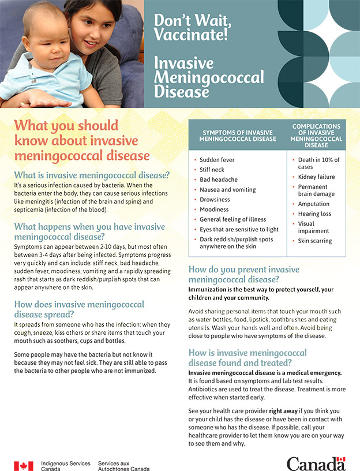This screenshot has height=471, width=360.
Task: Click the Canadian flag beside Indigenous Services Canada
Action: [x=23, y=466]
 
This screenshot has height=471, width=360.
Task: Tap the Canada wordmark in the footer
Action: [x=316, y=463]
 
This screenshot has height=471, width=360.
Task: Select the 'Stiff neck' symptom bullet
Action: [x=212, y=170]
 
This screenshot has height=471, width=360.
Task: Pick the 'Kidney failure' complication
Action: [x=316, y=177]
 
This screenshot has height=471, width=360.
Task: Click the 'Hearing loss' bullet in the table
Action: [x=314, y=214]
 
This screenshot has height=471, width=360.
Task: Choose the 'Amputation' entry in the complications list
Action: [x=314, y=204]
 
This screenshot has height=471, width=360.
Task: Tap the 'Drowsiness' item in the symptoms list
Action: [x=215, y=199]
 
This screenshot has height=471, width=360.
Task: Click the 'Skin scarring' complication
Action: [x=315, y=241]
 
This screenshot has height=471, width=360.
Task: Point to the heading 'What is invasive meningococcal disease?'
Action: [x=92, y=175]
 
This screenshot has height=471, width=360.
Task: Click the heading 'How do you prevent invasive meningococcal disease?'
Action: [x=245, y=274]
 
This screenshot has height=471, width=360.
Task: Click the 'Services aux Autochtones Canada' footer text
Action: [x=124, y=466]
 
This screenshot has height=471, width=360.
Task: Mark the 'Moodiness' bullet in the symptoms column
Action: [x=214, y=209]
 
